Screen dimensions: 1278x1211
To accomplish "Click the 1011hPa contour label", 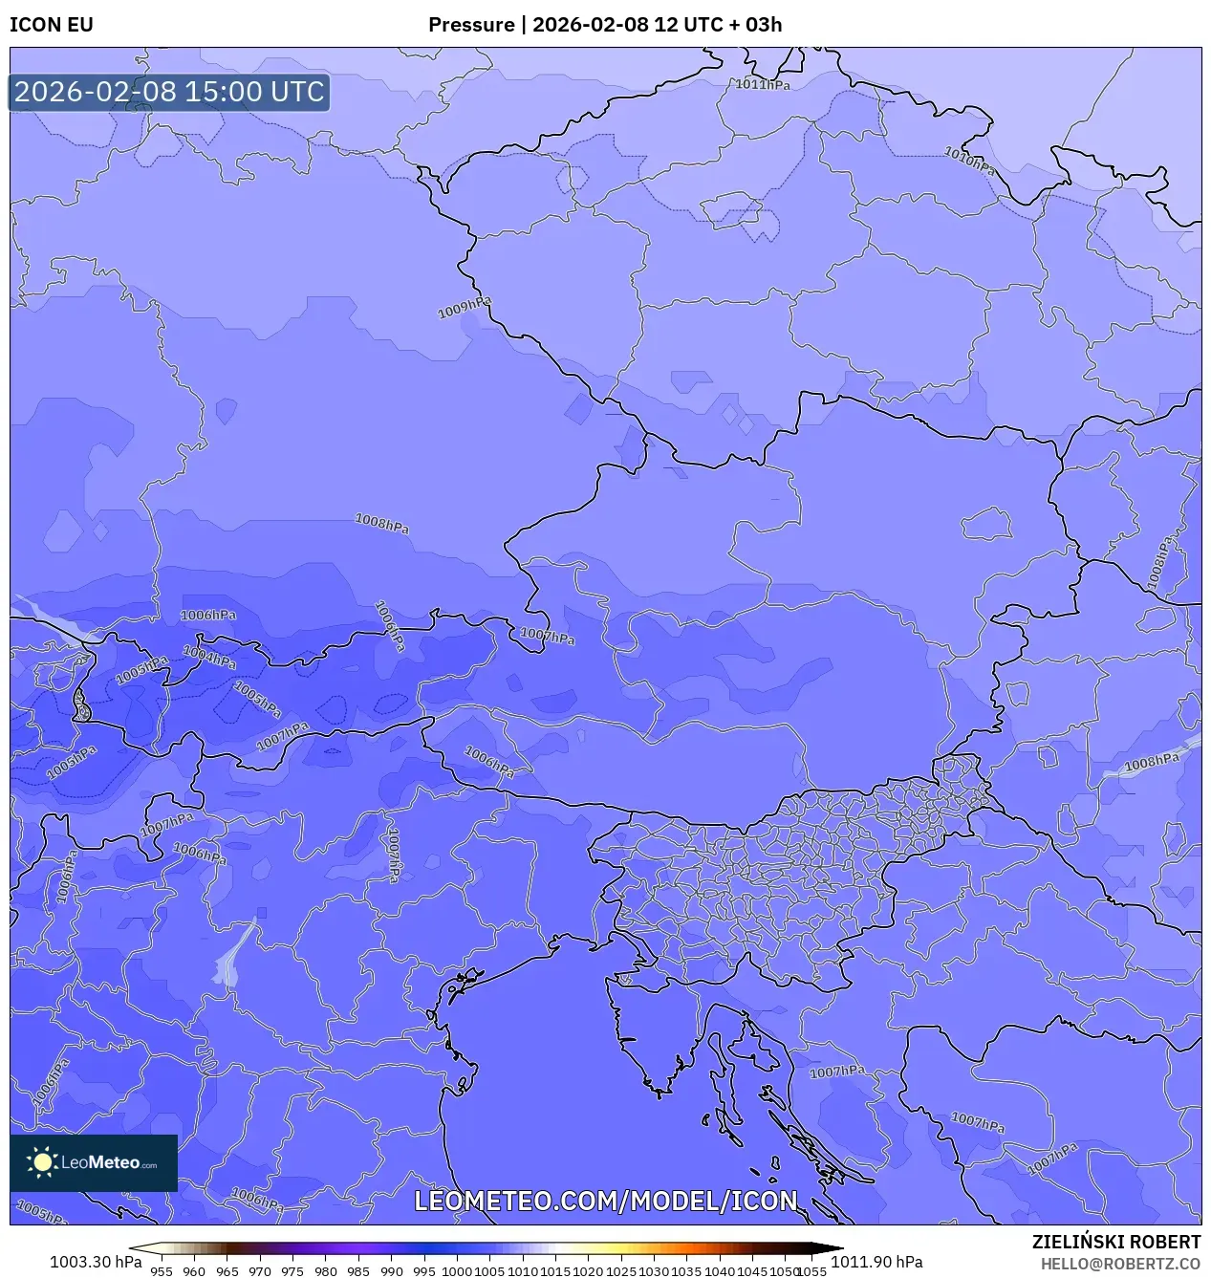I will point(763,84).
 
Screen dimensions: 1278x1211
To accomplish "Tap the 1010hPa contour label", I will point(969,159).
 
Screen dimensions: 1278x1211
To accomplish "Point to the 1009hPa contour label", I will point(465,308).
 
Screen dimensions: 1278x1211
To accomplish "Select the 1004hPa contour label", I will point(209,657).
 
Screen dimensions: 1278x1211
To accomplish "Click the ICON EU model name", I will point(52,25).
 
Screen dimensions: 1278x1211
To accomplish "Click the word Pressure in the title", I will point(471,25).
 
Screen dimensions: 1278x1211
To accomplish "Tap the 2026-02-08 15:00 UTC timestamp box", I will point(169,92).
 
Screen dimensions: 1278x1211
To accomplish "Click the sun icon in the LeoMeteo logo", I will point(42,1162).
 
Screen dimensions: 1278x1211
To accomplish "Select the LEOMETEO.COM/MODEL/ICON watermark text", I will point(605,1201).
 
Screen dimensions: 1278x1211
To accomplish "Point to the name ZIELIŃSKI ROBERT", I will point(1115,1242).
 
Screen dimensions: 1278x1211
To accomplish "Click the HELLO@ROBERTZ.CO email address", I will point(1120,1264).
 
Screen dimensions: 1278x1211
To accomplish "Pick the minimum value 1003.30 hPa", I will point(96,1262).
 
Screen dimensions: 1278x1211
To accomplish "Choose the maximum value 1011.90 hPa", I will point(876,1262).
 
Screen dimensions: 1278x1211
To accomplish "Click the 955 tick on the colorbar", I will point(162,1271).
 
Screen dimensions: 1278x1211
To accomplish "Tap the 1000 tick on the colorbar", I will point(457,1271).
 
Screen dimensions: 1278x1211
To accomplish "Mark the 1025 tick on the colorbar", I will point(621,1271).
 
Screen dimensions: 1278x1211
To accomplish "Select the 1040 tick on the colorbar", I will point(720,1271).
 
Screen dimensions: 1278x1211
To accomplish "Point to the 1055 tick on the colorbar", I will point(811,1271).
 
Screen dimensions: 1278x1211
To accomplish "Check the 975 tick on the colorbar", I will point(292,1271).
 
